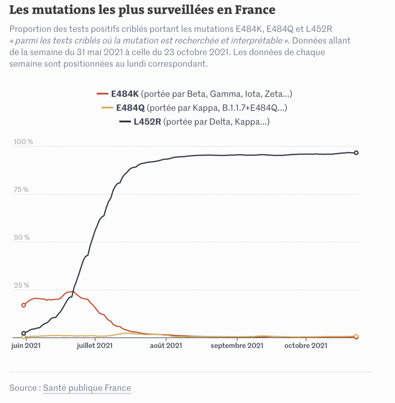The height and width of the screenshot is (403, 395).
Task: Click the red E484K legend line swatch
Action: pos(102,94)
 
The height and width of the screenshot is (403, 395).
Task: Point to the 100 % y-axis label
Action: pos(24,142)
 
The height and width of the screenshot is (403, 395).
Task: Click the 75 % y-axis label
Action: pos(21,190)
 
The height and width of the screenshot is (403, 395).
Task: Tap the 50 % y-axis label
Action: pos(21,238)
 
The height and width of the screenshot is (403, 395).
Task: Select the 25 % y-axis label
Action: pos(21,285)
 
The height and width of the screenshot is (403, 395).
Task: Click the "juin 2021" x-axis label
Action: pos(26,346)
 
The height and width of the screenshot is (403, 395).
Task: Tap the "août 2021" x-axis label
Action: pos(167,346)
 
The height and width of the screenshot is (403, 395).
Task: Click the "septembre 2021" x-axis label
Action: pos(237,346)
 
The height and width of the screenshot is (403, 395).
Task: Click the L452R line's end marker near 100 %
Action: pos(356,153)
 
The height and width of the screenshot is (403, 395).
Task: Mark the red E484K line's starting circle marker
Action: pos(24,305)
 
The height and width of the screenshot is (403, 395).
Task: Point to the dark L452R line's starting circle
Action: pos(24,333)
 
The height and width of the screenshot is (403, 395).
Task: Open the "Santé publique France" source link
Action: pos(87,388)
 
